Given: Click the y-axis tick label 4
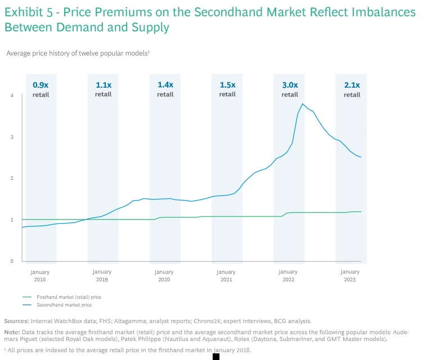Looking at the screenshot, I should [x=12, y=96].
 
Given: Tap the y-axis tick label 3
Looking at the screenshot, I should [x=12, y=137].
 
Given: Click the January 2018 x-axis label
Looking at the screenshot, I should [x=40, y=276].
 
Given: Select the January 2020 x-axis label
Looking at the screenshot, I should [x=164, y=276].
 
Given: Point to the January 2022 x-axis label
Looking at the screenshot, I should [x=288, y=276].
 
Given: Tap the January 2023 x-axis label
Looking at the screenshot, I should [x=350, y=276].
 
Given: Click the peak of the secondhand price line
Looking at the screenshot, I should [x=303, y=104].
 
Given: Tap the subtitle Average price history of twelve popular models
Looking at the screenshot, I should [x=77, y=53].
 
